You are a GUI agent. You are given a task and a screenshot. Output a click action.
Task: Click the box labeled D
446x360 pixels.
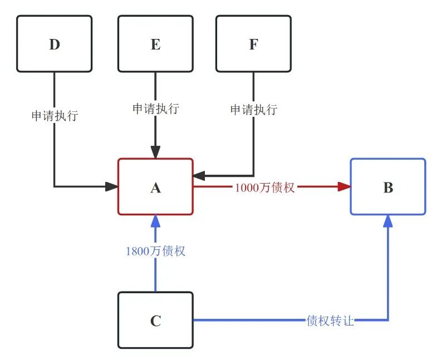(x=54, y=43)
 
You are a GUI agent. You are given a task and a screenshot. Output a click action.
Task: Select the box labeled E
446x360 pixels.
(x=155, y=43)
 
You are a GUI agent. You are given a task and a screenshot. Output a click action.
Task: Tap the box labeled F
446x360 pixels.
(x=253, y=43)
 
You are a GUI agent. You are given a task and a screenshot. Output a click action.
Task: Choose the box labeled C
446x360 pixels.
(x=155, y=320)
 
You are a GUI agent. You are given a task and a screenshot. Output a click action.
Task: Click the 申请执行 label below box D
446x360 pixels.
(x=54, y=116)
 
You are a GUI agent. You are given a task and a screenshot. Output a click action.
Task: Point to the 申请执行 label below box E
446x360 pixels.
(x=155, y=109)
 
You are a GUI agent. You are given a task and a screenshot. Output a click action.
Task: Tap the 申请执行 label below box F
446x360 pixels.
(x=253, y=109)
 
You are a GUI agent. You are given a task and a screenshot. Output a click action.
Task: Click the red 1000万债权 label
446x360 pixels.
(x=264, y=187)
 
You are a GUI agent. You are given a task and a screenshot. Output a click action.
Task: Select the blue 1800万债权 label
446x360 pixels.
(x=155, y=251)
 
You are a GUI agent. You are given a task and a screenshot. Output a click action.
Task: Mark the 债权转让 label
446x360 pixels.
(x=330, y=321)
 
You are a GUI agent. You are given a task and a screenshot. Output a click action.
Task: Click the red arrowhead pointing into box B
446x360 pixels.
(x=345, y=187)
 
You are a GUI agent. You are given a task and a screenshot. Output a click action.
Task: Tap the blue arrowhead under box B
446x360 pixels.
(x=388, y=220)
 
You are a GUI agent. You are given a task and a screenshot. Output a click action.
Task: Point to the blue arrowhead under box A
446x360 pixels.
(x=155, y=220)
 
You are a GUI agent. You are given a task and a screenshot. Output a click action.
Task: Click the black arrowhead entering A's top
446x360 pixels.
(x=155, y=152)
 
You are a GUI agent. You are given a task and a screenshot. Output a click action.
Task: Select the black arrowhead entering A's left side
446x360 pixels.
(x=112, y=186)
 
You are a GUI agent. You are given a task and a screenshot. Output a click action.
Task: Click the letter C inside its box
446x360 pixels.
(x=155, y=321)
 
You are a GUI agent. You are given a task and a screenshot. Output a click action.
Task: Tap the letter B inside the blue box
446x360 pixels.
(x=388, y=188)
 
